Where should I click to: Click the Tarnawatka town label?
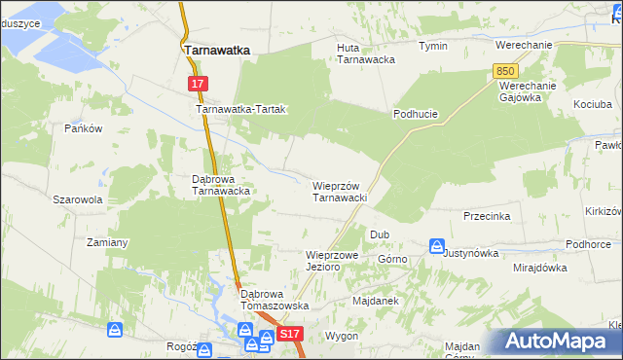click(217, 50)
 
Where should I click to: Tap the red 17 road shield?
click(198, 85)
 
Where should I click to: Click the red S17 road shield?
click(290, 334)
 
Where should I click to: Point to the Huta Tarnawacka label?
click(365, 54)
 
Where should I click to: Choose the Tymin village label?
click(432, 46)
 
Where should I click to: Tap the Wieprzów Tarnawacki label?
click(339, 191)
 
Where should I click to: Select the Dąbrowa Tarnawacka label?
click(222, 185)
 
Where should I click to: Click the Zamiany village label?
click(107, 241)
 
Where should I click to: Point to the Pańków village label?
click(83, 128)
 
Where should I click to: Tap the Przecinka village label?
click(487, 216)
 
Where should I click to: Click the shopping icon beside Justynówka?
click(437, 246)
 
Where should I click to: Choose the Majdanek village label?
click(376, 301)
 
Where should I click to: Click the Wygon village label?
click(342, 336)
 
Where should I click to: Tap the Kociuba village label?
click(592, 103)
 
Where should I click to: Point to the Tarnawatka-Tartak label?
click(240, 110)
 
